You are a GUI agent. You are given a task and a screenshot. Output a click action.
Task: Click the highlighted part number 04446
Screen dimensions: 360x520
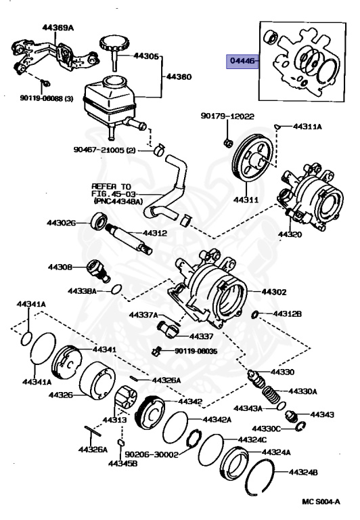pyautogui.click(x=242, y=61)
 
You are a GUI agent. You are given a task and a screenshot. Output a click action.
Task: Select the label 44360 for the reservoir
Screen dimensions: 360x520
pyautogui.click(x=179, y=77)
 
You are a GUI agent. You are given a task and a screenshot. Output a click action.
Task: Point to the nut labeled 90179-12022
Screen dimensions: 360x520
pyautogui.click(x=228, y=143)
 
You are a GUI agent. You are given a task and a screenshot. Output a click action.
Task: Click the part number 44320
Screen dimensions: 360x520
pyautogui.click(x=290, y=234)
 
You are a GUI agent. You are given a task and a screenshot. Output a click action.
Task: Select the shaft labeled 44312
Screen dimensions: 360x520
pyautogui.click(x=129, y=238)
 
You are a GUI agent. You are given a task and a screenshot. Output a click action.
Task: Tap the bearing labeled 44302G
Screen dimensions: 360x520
pyautogui.click(x=99, y=221)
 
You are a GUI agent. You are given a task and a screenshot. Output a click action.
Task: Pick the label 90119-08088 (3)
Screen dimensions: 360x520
pyautogui.click(x=47, y=98)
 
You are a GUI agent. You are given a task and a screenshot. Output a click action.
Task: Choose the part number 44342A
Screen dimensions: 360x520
pyautogui.click(x=217, y=420)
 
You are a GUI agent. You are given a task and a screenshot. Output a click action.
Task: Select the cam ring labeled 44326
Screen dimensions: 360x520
pyautogui.click(x=97, y=381)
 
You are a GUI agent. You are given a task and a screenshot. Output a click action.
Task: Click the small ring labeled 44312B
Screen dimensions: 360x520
pyautogui.click(x=255, y=313)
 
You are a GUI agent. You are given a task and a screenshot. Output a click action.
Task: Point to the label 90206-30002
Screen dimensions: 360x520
pyautogui.click(x=152, y=454)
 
